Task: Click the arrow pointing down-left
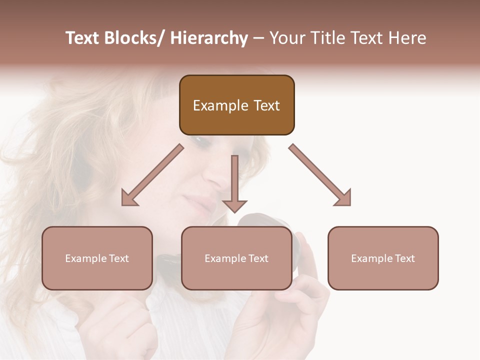[x=152, y=175]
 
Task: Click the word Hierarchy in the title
[x=209, y=38]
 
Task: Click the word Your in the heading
[x=286, y=38]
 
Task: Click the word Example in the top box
[x=220, y=105]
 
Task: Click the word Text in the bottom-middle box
[x=257, y=258]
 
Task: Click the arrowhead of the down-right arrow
[x=343, y=198]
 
